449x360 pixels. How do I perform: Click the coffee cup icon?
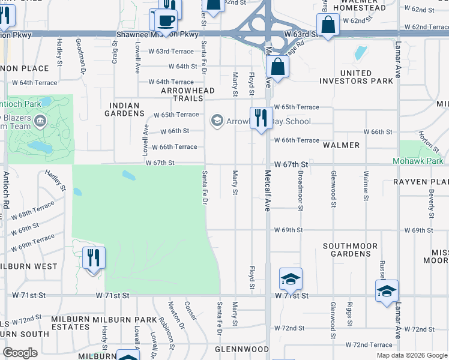pyautogui.click(x=166, y=20)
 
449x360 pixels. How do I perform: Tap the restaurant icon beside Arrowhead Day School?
pyautogui.click(x=261, y=118)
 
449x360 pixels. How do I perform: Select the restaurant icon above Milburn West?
pyautogui.click(x=93, y=258)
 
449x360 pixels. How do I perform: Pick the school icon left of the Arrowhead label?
pyautogui.click(x=216, y=121)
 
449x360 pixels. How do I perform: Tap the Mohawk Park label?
pyautogui.click(x=418, y=161)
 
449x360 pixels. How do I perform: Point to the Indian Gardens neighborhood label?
pyautogui.click(x=125, y=109)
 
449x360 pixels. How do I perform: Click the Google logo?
pyautogui.click(x=20, y=353)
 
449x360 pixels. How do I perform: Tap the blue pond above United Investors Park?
pyautogui.click(x=360, y=53)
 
